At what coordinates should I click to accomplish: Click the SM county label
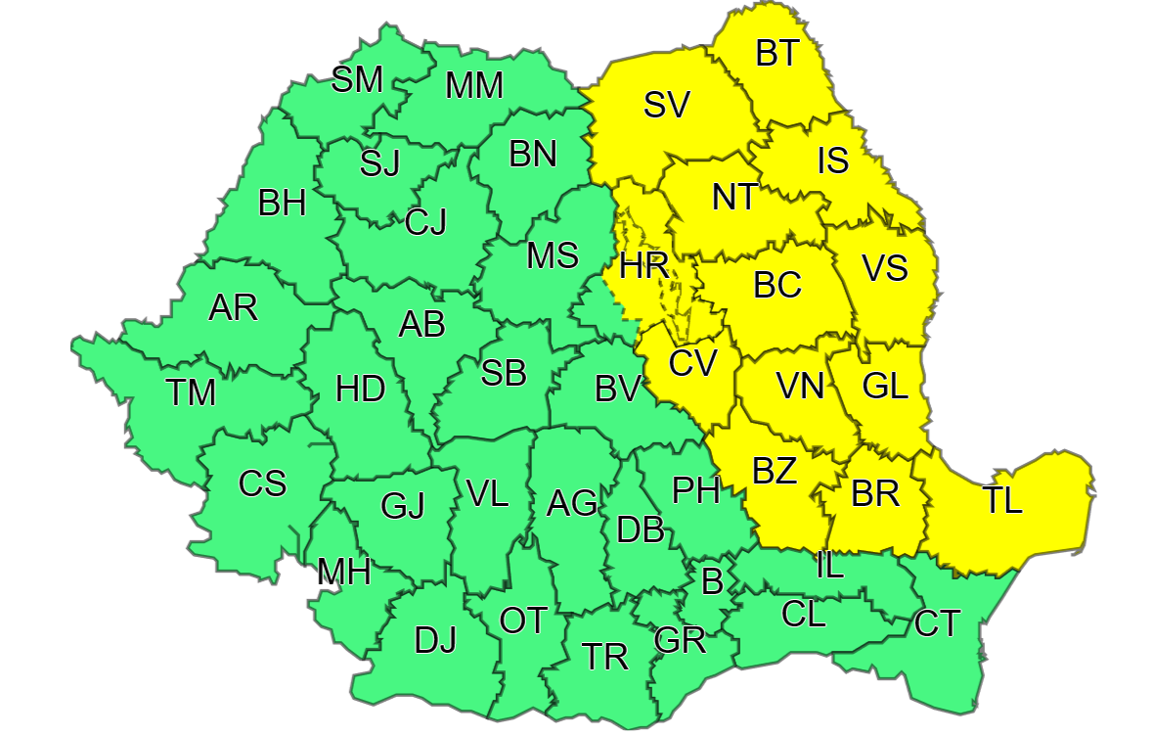[357, 79]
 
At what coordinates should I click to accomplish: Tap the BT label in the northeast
[777, 54]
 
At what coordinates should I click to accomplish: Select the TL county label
[1002, 500]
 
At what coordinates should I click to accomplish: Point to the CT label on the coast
[937, 623]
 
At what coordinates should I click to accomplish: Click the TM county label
[190, 392]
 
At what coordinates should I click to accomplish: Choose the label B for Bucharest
[712, 581]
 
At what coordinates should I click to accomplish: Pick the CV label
[692, 363]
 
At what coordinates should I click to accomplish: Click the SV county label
[667, 105]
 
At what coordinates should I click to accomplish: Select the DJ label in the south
[435, 641]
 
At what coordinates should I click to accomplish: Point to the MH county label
[343, 573]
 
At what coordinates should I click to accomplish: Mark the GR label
[680, 641]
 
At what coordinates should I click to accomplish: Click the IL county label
[828, 565]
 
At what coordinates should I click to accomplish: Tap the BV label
[617, 390]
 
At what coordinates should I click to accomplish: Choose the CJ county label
[425, 223]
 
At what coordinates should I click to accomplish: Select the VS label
[884, 266]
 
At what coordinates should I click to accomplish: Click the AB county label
[422, 323]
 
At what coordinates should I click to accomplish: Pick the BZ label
[775, 471]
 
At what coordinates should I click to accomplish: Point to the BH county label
[283, 204]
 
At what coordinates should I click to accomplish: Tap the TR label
[604, 656]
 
